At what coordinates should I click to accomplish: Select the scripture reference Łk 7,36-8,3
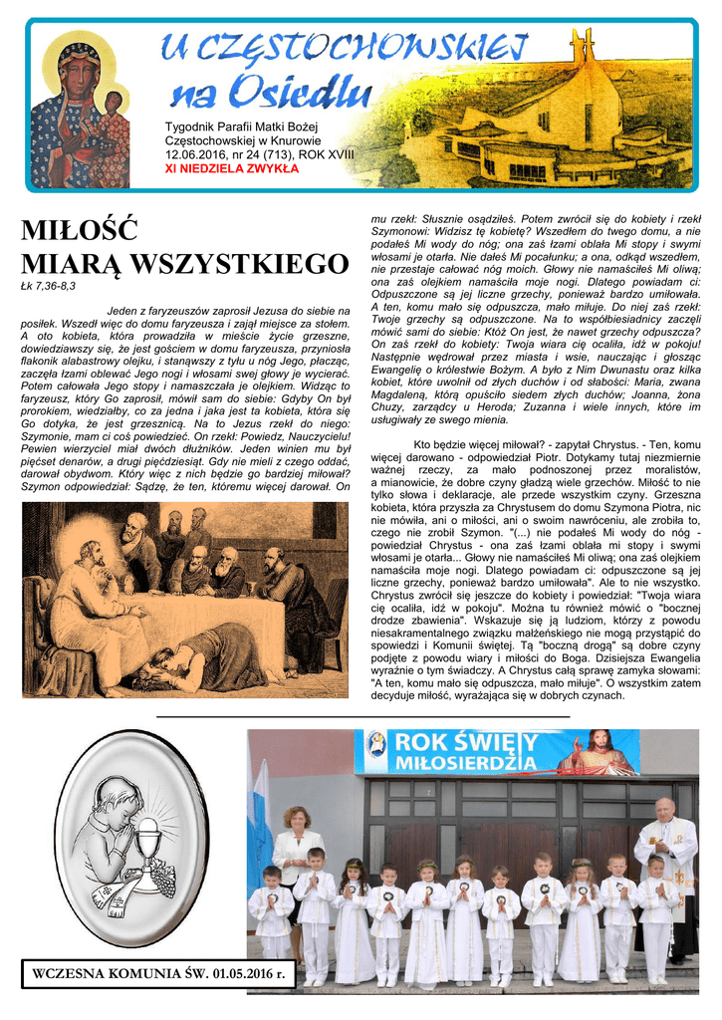pyautogui.click(x=48, y=286)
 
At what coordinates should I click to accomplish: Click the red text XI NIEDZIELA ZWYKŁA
pyautogui.click(x=231, y=168)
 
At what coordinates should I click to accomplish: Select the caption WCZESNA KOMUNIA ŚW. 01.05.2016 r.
pyautogui.click(x=159, y=972)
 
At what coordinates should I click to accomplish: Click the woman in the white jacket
pyautogui.click(x=297, y=857)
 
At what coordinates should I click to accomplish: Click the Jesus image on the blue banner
pyautogui.click(x=599, y=752)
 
